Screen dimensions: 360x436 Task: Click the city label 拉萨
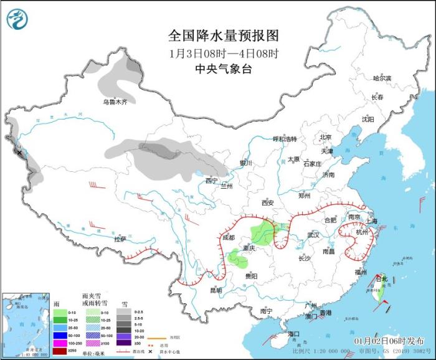(x=120, y=239)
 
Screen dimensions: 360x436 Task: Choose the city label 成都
(x=229, y=237)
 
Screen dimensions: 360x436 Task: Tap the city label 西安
(x=267, y=202)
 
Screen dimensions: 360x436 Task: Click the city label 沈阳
(x=368, y=119)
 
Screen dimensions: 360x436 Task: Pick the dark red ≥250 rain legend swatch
(x=59, y=351)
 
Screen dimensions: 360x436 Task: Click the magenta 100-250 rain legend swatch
(x=59, y=343)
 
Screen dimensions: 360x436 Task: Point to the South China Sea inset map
(x=26, y=324)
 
